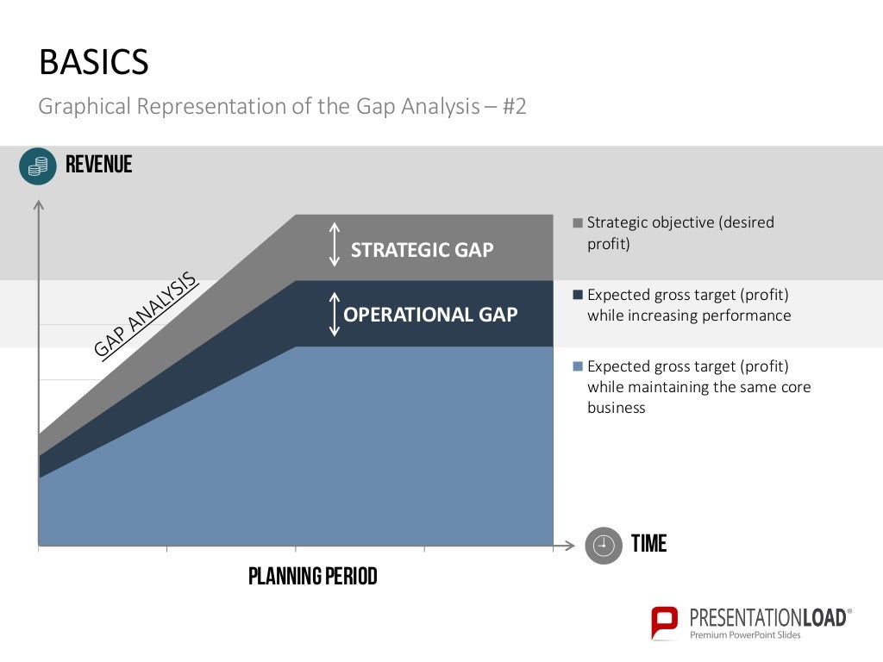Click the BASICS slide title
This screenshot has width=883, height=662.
(94, 63)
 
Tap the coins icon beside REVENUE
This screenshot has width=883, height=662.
(37, 165)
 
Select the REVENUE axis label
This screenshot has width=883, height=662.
(98, 165)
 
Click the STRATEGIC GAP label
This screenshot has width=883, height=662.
(422, 250)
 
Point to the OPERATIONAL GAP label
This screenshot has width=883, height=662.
(430, 315)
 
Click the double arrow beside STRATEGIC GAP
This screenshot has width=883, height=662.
(335, 245)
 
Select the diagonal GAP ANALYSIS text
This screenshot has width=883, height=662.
(146, 315)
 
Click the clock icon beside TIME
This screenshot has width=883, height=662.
(603, 545)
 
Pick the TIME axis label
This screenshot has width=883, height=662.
(648, 544)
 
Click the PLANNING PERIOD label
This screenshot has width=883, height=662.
(312, 576)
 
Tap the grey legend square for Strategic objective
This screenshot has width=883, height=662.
(578, 222)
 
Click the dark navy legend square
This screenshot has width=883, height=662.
(578, 295)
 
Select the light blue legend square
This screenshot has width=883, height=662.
(578, 366)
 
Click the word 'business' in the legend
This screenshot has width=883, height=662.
(616, 408)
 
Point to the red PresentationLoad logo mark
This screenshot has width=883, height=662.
(664, 621)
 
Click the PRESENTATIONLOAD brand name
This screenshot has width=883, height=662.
(767, 616)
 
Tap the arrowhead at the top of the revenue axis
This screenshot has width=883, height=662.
(38, 205)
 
